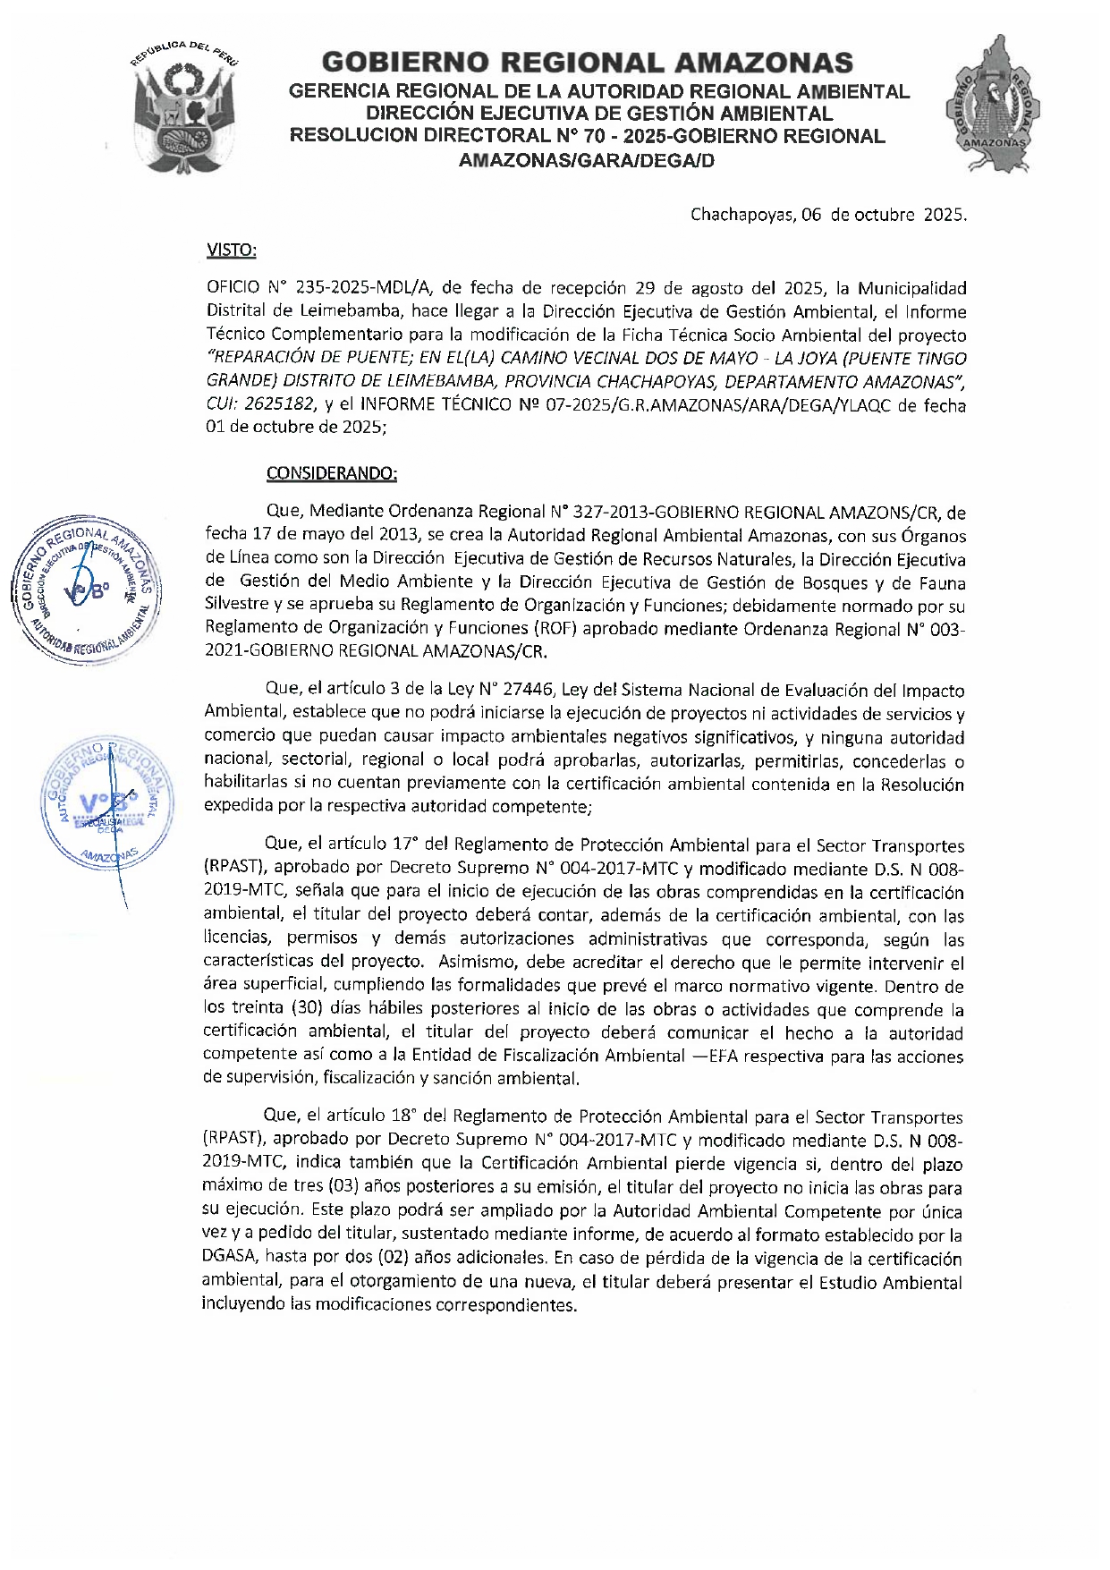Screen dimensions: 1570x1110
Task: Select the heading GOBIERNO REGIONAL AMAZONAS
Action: click(587, 63)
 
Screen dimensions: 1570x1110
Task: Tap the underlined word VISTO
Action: click(232, 250)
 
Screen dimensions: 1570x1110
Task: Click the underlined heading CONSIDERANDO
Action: click(332, 473)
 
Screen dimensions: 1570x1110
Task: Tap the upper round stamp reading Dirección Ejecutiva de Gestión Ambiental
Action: click(86, 590)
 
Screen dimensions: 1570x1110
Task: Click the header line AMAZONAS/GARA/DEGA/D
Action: click(587, 161)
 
